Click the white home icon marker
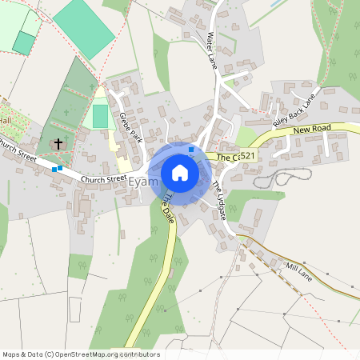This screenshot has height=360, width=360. click(180, 172)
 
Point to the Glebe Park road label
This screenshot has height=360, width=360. click(129, 126)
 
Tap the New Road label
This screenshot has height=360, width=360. click(312, 130)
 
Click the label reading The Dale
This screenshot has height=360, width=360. click(167, 207)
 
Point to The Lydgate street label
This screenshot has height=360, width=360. click(219, 201)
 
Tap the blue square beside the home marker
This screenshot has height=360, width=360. click(190, 149)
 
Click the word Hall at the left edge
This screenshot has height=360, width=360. click(7, 120)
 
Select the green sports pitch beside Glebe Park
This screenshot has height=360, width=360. click(99, 116)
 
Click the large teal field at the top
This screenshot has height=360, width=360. click(82, 27)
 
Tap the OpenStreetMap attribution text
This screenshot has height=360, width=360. click(80, 354)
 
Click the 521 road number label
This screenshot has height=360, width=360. click(246, 156)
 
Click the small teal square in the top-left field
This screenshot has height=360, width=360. click(24, 43)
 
